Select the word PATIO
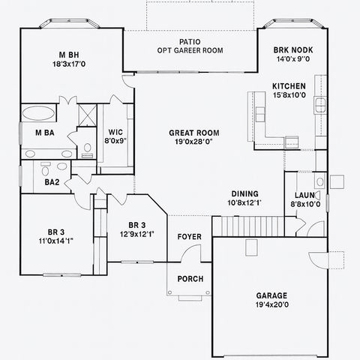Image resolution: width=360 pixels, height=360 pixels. pos(189,42)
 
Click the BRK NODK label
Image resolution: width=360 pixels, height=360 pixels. pos(292,49)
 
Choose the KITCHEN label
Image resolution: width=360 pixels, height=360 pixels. pos(289,85)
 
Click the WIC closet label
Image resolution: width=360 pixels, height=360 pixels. pos(115,131)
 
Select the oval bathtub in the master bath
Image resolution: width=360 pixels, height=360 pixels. pos(37,115)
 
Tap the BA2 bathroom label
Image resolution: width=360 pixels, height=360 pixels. pos(52,182)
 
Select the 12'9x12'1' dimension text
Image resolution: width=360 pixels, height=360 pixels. pos(136,234)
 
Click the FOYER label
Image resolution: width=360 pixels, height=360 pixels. pos(189,237)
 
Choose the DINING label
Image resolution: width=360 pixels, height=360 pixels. pos(245,193)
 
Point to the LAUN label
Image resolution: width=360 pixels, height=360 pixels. pos(305,194)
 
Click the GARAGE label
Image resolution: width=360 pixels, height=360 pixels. pos(271,295)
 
